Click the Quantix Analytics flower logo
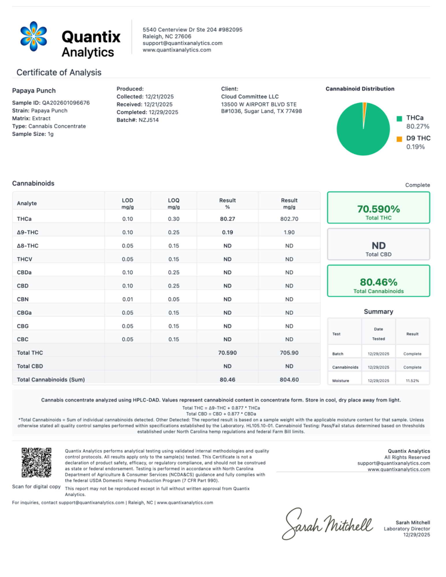click(33, 36)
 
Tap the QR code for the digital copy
click(36, 462)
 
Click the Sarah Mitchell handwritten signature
click(327, 524)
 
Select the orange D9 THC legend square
click(399, 139)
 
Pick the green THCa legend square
click(399, 119)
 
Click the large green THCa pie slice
click(361, 133)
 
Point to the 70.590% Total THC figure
click(378, 209)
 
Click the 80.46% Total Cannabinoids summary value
click(378, 282)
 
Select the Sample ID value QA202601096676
click(66, 103)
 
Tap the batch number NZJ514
click(149, 120)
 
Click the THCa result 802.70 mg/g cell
click(289, 219)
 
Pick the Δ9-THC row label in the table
click(27, 232)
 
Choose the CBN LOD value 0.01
click(127, 299)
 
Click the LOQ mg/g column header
click(173, 203)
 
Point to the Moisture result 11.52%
click(412, 381)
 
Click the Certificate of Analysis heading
click(59, 72)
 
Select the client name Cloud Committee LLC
click(250, 97)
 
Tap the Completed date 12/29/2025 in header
click(163, 112)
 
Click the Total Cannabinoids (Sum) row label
click(51, 379)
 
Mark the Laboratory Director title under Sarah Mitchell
click(406, 529)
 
